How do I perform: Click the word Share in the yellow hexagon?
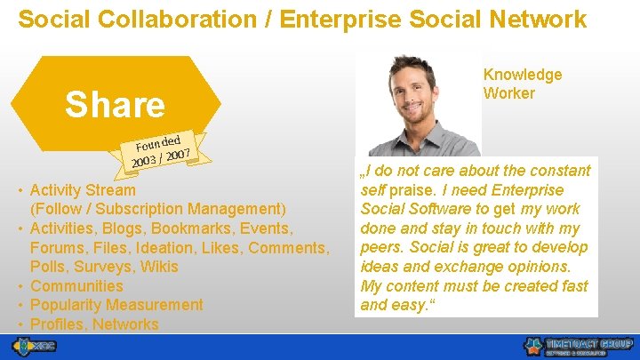116,105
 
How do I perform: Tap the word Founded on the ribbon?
159,141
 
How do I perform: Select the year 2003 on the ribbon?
145,161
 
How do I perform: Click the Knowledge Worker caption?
523,84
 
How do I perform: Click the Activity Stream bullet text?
83,189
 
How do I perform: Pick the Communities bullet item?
76,285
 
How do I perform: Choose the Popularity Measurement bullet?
116,305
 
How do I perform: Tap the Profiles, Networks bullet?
94,324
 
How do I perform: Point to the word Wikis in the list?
158,267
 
